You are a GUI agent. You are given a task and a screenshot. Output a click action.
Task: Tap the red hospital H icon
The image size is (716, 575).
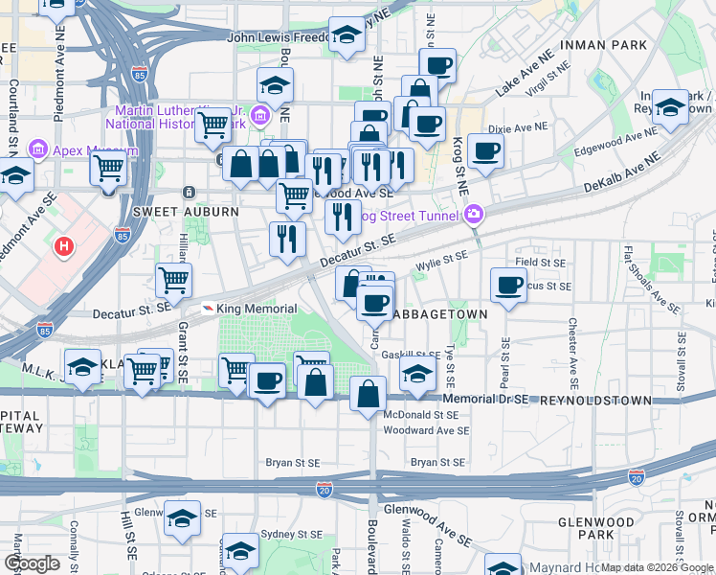pos(64,247)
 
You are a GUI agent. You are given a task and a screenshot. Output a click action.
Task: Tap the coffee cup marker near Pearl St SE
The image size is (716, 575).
pos(507,285)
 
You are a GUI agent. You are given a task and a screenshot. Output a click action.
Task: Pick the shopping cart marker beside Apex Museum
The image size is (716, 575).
pos(109,169)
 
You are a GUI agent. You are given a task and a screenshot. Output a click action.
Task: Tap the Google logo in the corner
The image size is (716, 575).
pos(33,563)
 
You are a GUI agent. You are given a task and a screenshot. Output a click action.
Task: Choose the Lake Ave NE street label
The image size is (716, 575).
pos(526,75)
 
